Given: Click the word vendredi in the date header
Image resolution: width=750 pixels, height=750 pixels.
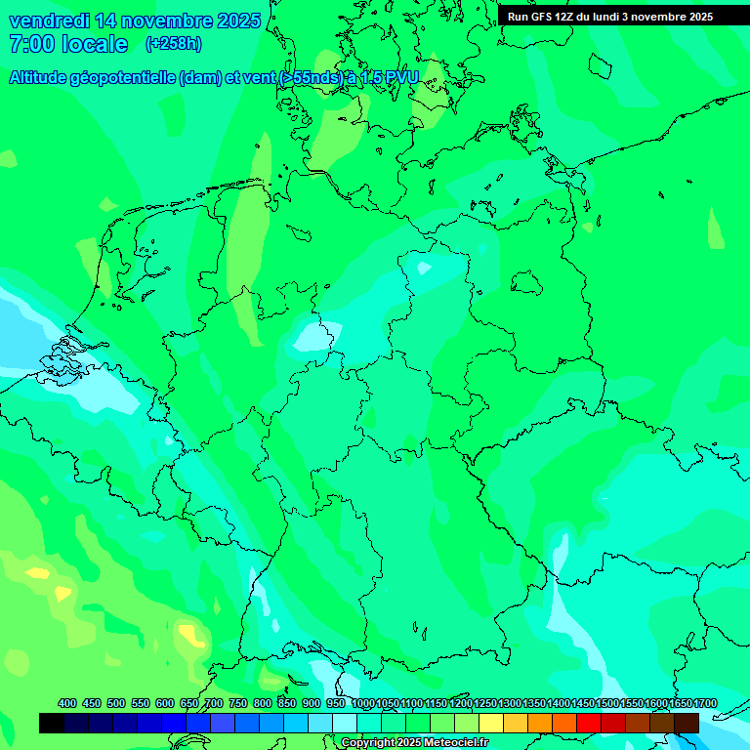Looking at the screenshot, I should click(49, 21).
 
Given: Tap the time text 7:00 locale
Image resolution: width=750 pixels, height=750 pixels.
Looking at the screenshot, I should click(68, 44).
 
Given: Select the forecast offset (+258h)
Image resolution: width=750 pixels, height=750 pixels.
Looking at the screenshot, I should click(173, 44).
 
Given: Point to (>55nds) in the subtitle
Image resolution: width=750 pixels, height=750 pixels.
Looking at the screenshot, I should click(312, 78).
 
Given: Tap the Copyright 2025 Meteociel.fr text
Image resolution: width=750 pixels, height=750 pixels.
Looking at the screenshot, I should click(414, 743).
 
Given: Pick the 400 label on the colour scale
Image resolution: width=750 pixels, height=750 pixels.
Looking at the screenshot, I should click(67, 703).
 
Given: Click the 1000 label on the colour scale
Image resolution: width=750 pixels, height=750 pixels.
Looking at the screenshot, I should click(363, 703).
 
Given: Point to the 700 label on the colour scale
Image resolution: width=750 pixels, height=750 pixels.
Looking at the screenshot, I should click(214, 703).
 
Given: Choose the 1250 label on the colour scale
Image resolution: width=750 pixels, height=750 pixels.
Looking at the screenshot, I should click(485, 703).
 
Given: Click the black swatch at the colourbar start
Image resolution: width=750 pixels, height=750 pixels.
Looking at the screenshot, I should click(52, 723).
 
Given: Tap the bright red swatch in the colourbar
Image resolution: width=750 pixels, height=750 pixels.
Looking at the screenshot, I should click(589, 723).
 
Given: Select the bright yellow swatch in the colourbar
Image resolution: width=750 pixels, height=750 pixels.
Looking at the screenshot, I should click(491, 723).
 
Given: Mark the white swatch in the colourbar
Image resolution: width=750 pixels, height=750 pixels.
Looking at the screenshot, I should click(345, 723).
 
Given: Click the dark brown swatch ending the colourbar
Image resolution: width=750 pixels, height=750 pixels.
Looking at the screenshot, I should click(687, 723).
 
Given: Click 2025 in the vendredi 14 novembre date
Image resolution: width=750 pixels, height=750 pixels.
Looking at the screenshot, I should click(239, 21).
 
